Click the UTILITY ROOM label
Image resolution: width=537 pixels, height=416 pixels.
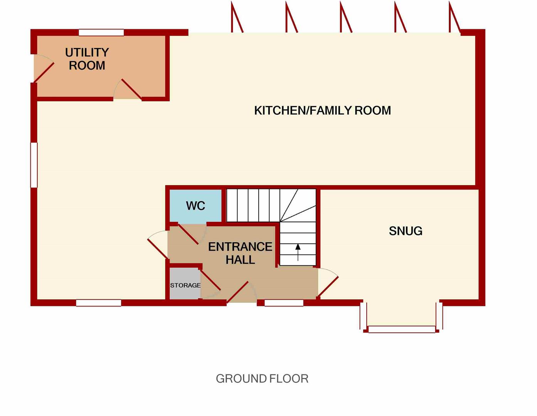point(87,59)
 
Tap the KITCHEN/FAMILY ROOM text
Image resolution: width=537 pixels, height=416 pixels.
point(323,111)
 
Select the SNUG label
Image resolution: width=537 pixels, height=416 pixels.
point(406,231)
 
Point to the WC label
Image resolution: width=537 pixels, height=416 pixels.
point(195,206)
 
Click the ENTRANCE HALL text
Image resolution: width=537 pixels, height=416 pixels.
point(240,253)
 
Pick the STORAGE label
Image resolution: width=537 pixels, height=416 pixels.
point(185,285)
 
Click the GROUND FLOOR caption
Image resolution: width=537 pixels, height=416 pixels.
point(262,379)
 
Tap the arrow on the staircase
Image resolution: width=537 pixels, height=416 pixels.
point(298,252)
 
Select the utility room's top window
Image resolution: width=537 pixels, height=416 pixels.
point(101,32)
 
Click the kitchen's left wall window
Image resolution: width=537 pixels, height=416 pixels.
point(34,165)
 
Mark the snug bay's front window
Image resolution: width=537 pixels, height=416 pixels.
point(402,329)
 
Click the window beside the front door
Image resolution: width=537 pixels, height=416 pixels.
point(284,303)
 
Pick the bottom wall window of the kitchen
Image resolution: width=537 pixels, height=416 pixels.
point(99,303)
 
